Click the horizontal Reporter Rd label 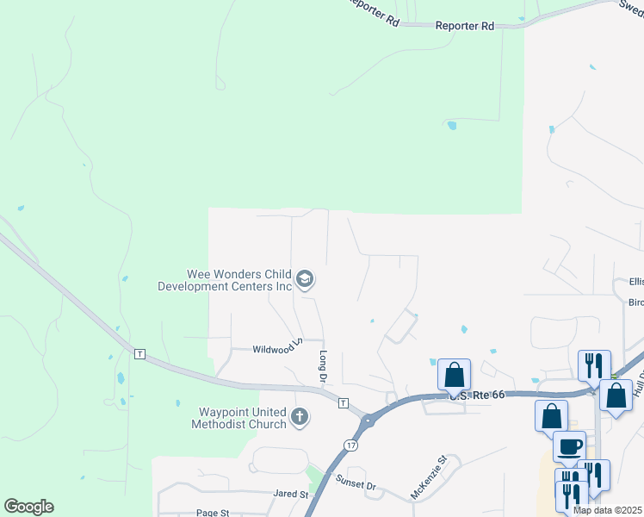coord(464,27)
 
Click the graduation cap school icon coord(304,279)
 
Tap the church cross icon coord(300,418)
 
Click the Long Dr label coord(324,367)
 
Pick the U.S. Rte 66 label coord(474,395)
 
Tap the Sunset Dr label coord(357,486)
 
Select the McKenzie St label coord(430,477)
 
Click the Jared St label coord(291,495)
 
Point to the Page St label coord(212,513)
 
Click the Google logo coord(28,507)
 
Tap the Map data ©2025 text coord(608,510)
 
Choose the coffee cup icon coord(569,446)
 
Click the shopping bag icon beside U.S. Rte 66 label coord(454,375)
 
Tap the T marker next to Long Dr coord(343,403)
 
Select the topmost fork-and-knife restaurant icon coord(594,363)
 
